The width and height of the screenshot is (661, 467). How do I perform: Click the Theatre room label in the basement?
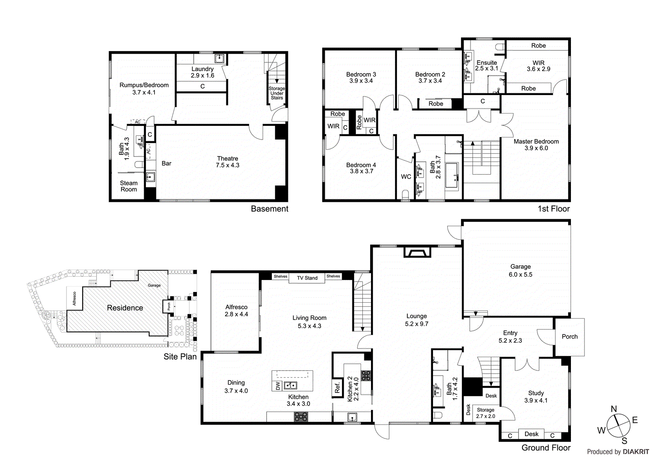(228, 159)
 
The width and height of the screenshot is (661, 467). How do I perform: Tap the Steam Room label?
(128, 186)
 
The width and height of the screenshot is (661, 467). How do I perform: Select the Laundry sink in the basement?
(219, 58)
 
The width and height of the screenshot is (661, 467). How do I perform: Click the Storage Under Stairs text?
(277, 93)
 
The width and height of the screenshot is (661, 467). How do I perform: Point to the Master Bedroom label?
(536, 142)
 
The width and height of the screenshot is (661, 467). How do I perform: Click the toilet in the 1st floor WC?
(405, 195)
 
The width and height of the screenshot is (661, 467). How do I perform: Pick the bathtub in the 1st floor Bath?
(452, 176)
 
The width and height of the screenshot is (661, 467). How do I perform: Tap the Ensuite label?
(487, 62)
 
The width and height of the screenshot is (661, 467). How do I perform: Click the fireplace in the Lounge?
(417, 252)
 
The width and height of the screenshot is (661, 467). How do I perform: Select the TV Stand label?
(307, 278)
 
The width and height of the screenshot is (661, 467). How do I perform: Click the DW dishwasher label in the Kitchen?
(278, 386)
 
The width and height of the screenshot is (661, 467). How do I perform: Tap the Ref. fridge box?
(338, 387)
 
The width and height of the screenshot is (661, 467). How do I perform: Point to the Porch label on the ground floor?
(570, 337)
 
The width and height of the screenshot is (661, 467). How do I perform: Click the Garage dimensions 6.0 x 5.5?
(520, 275)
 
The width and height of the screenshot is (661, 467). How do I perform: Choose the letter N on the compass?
(613, 409)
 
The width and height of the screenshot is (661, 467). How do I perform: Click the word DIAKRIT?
(636, 452)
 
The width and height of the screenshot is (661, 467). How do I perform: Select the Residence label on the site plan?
(125, 308)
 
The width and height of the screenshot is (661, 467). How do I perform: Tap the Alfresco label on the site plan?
(74, 299)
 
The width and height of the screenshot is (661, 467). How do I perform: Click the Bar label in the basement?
(166, 164)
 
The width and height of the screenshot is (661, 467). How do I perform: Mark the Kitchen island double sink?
(290, 385)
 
